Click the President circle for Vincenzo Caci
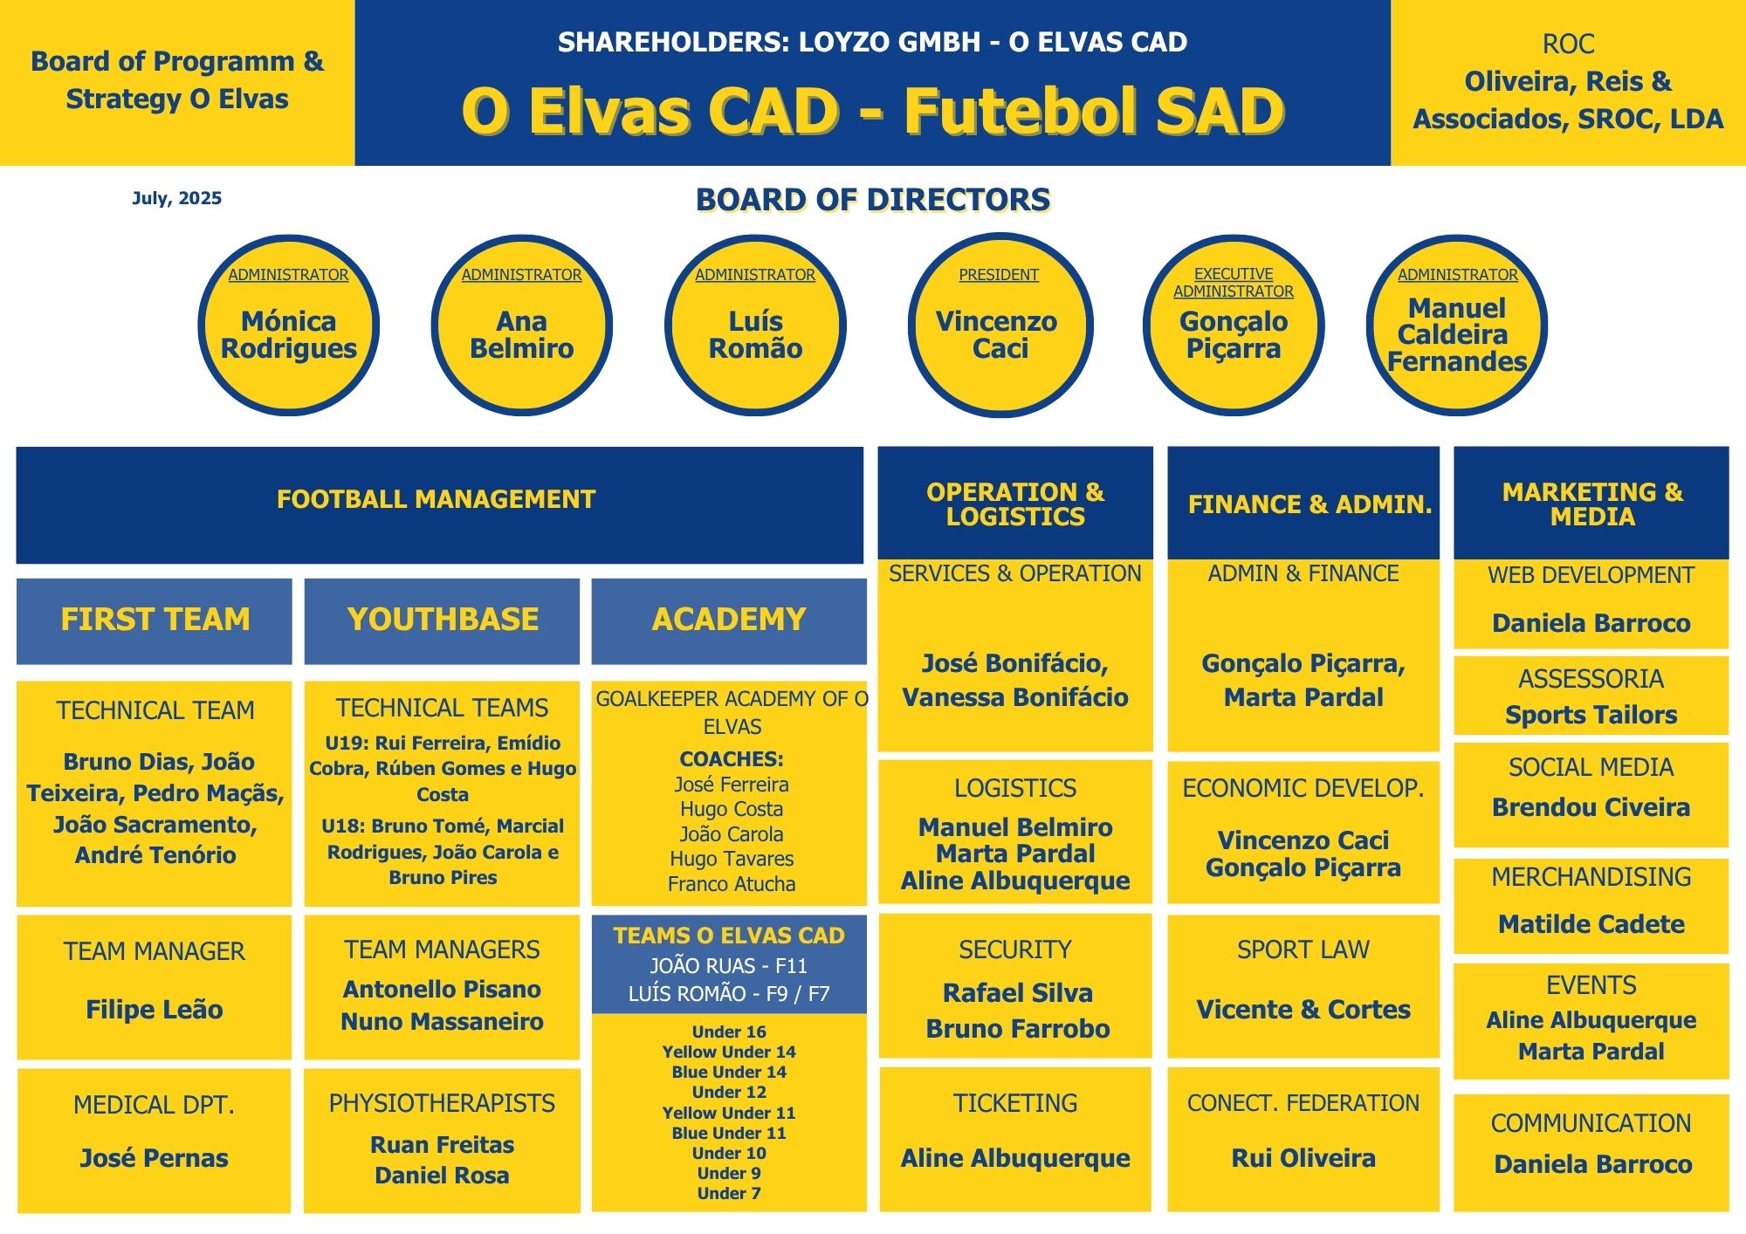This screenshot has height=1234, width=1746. click(1000, 326)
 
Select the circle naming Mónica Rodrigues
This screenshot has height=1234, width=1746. click(288, 326)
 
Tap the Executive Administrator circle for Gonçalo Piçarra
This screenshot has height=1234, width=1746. click(1234, 326)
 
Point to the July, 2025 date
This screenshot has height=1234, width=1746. click(176, 198)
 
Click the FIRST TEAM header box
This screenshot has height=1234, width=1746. click(155, 620)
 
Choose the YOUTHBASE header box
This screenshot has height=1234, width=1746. click(442, 620)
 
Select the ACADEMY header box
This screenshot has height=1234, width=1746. click(729, 620)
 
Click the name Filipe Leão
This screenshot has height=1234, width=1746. click(155, 1010)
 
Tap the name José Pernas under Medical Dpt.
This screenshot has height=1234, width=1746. click(155, 1158)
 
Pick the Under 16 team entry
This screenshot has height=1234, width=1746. click(729, 1032)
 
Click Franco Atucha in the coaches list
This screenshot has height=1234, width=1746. click(732, 884)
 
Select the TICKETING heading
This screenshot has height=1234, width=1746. click(1015, 1103)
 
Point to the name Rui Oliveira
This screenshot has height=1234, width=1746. click(1303, 1158)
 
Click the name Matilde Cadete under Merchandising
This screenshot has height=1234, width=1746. click(1591, 924)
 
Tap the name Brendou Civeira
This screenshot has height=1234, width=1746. click(1591, 807)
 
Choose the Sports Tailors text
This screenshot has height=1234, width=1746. click(1591, 715)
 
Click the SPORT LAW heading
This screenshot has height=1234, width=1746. click(1303, 949)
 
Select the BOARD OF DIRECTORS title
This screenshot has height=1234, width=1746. click(873, 200)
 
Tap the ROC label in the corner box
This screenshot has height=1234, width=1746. click(1568, 44)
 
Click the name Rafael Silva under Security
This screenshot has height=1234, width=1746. click(1017, 993)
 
